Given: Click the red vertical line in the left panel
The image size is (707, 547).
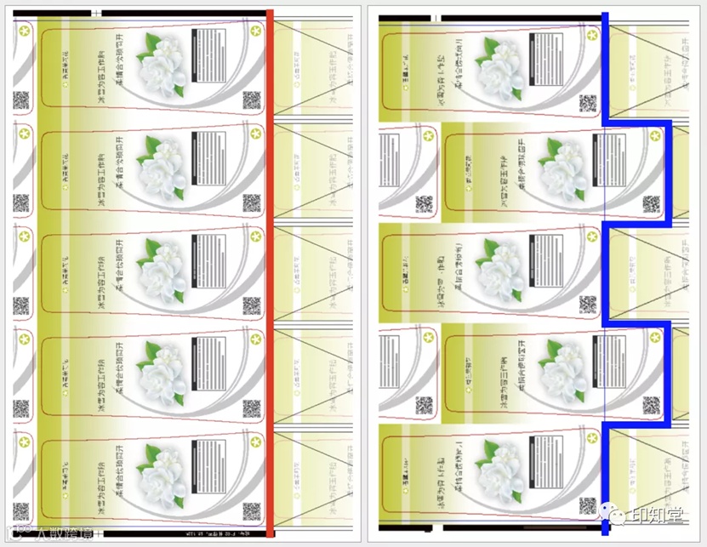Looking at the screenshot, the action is point(270,272).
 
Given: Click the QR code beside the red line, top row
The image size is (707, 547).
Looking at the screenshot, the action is point(251,101).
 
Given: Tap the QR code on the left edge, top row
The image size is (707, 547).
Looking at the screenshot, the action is point(21,101).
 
